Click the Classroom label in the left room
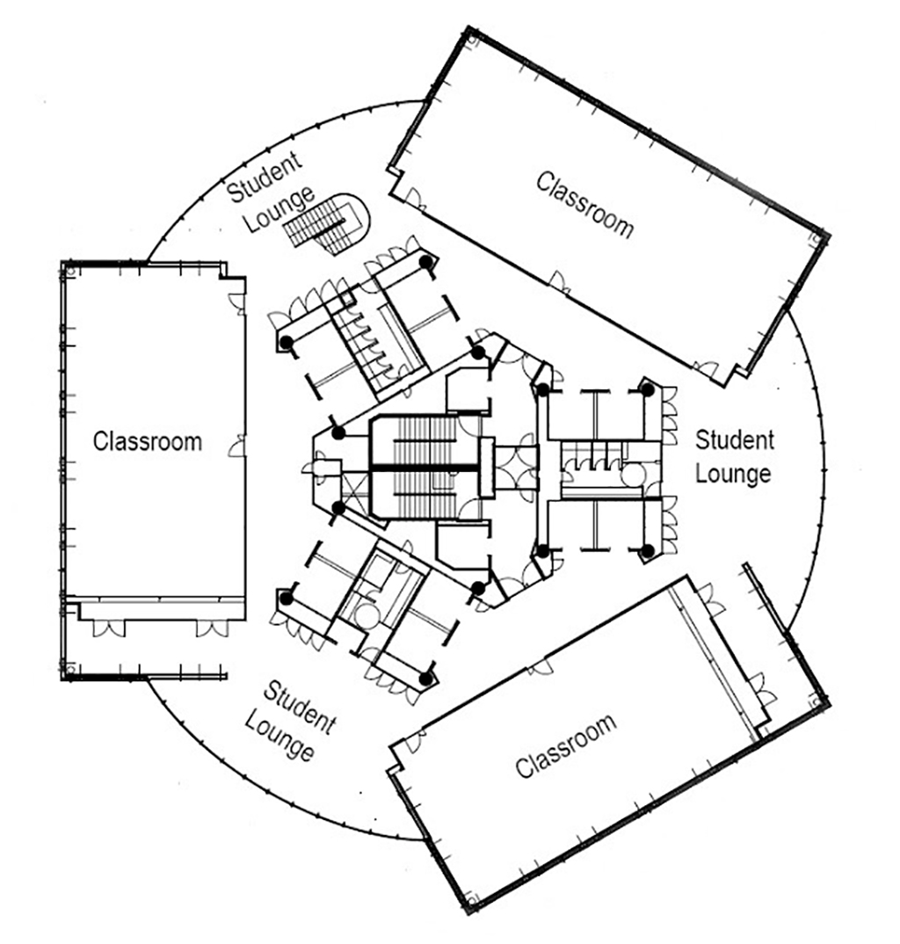pyautogui.click(x=147, y=440)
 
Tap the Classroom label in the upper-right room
pyautogui.click(x=585, y=205)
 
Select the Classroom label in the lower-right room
pyautogui.click(x=564, y=745)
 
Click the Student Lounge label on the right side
pyautogui.click(x=735, y=456)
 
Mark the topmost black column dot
pyautogui.click(x=426, y=262)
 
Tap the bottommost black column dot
pyautogui.click(x=426, y=679)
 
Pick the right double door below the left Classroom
pyautogui.click(x=211, y=628)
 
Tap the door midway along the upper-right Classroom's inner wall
pyautogui.click(x=559, y=284)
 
